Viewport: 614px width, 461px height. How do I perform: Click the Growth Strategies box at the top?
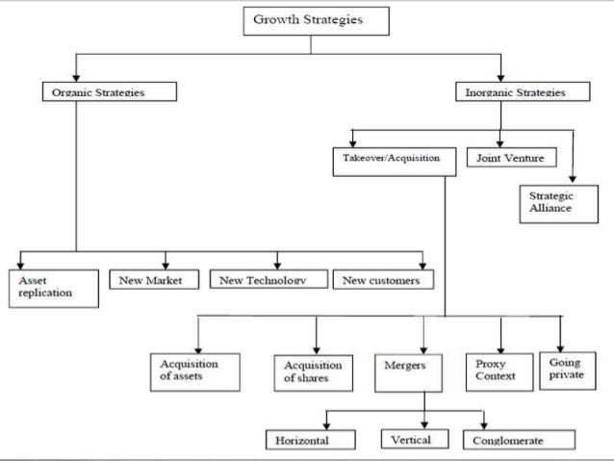coord(308,20)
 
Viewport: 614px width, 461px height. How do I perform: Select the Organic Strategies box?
coord(109,92)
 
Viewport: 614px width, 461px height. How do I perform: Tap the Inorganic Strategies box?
coord(509,92)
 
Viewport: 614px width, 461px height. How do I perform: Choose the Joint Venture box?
coord(506,156)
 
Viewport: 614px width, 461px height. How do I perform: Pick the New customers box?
coord(383,280)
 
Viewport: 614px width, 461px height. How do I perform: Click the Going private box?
coord(564,368)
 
